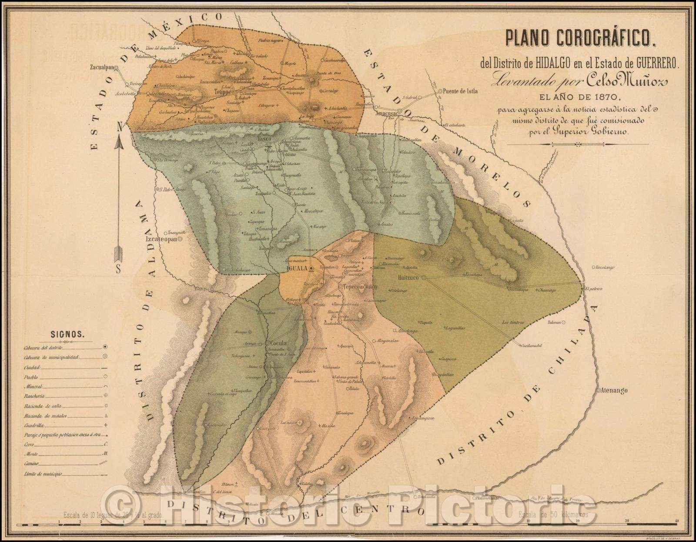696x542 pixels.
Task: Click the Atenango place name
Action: [614, 391]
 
